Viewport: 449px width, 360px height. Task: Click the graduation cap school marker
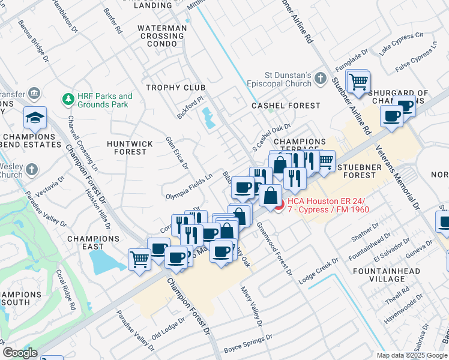pos(35,118)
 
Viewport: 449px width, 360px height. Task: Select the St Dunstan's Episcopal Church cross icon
pos(321,79)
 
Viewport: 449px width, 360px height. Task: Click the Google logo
pos(20,353)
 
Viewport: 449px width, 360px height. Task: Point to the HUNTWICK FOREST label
pos(127,148)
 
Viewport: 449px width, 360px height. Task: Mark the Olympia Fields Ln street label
pos(188,187)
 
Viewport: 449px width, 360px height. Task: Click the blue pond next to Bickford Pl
pos(209,118)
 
